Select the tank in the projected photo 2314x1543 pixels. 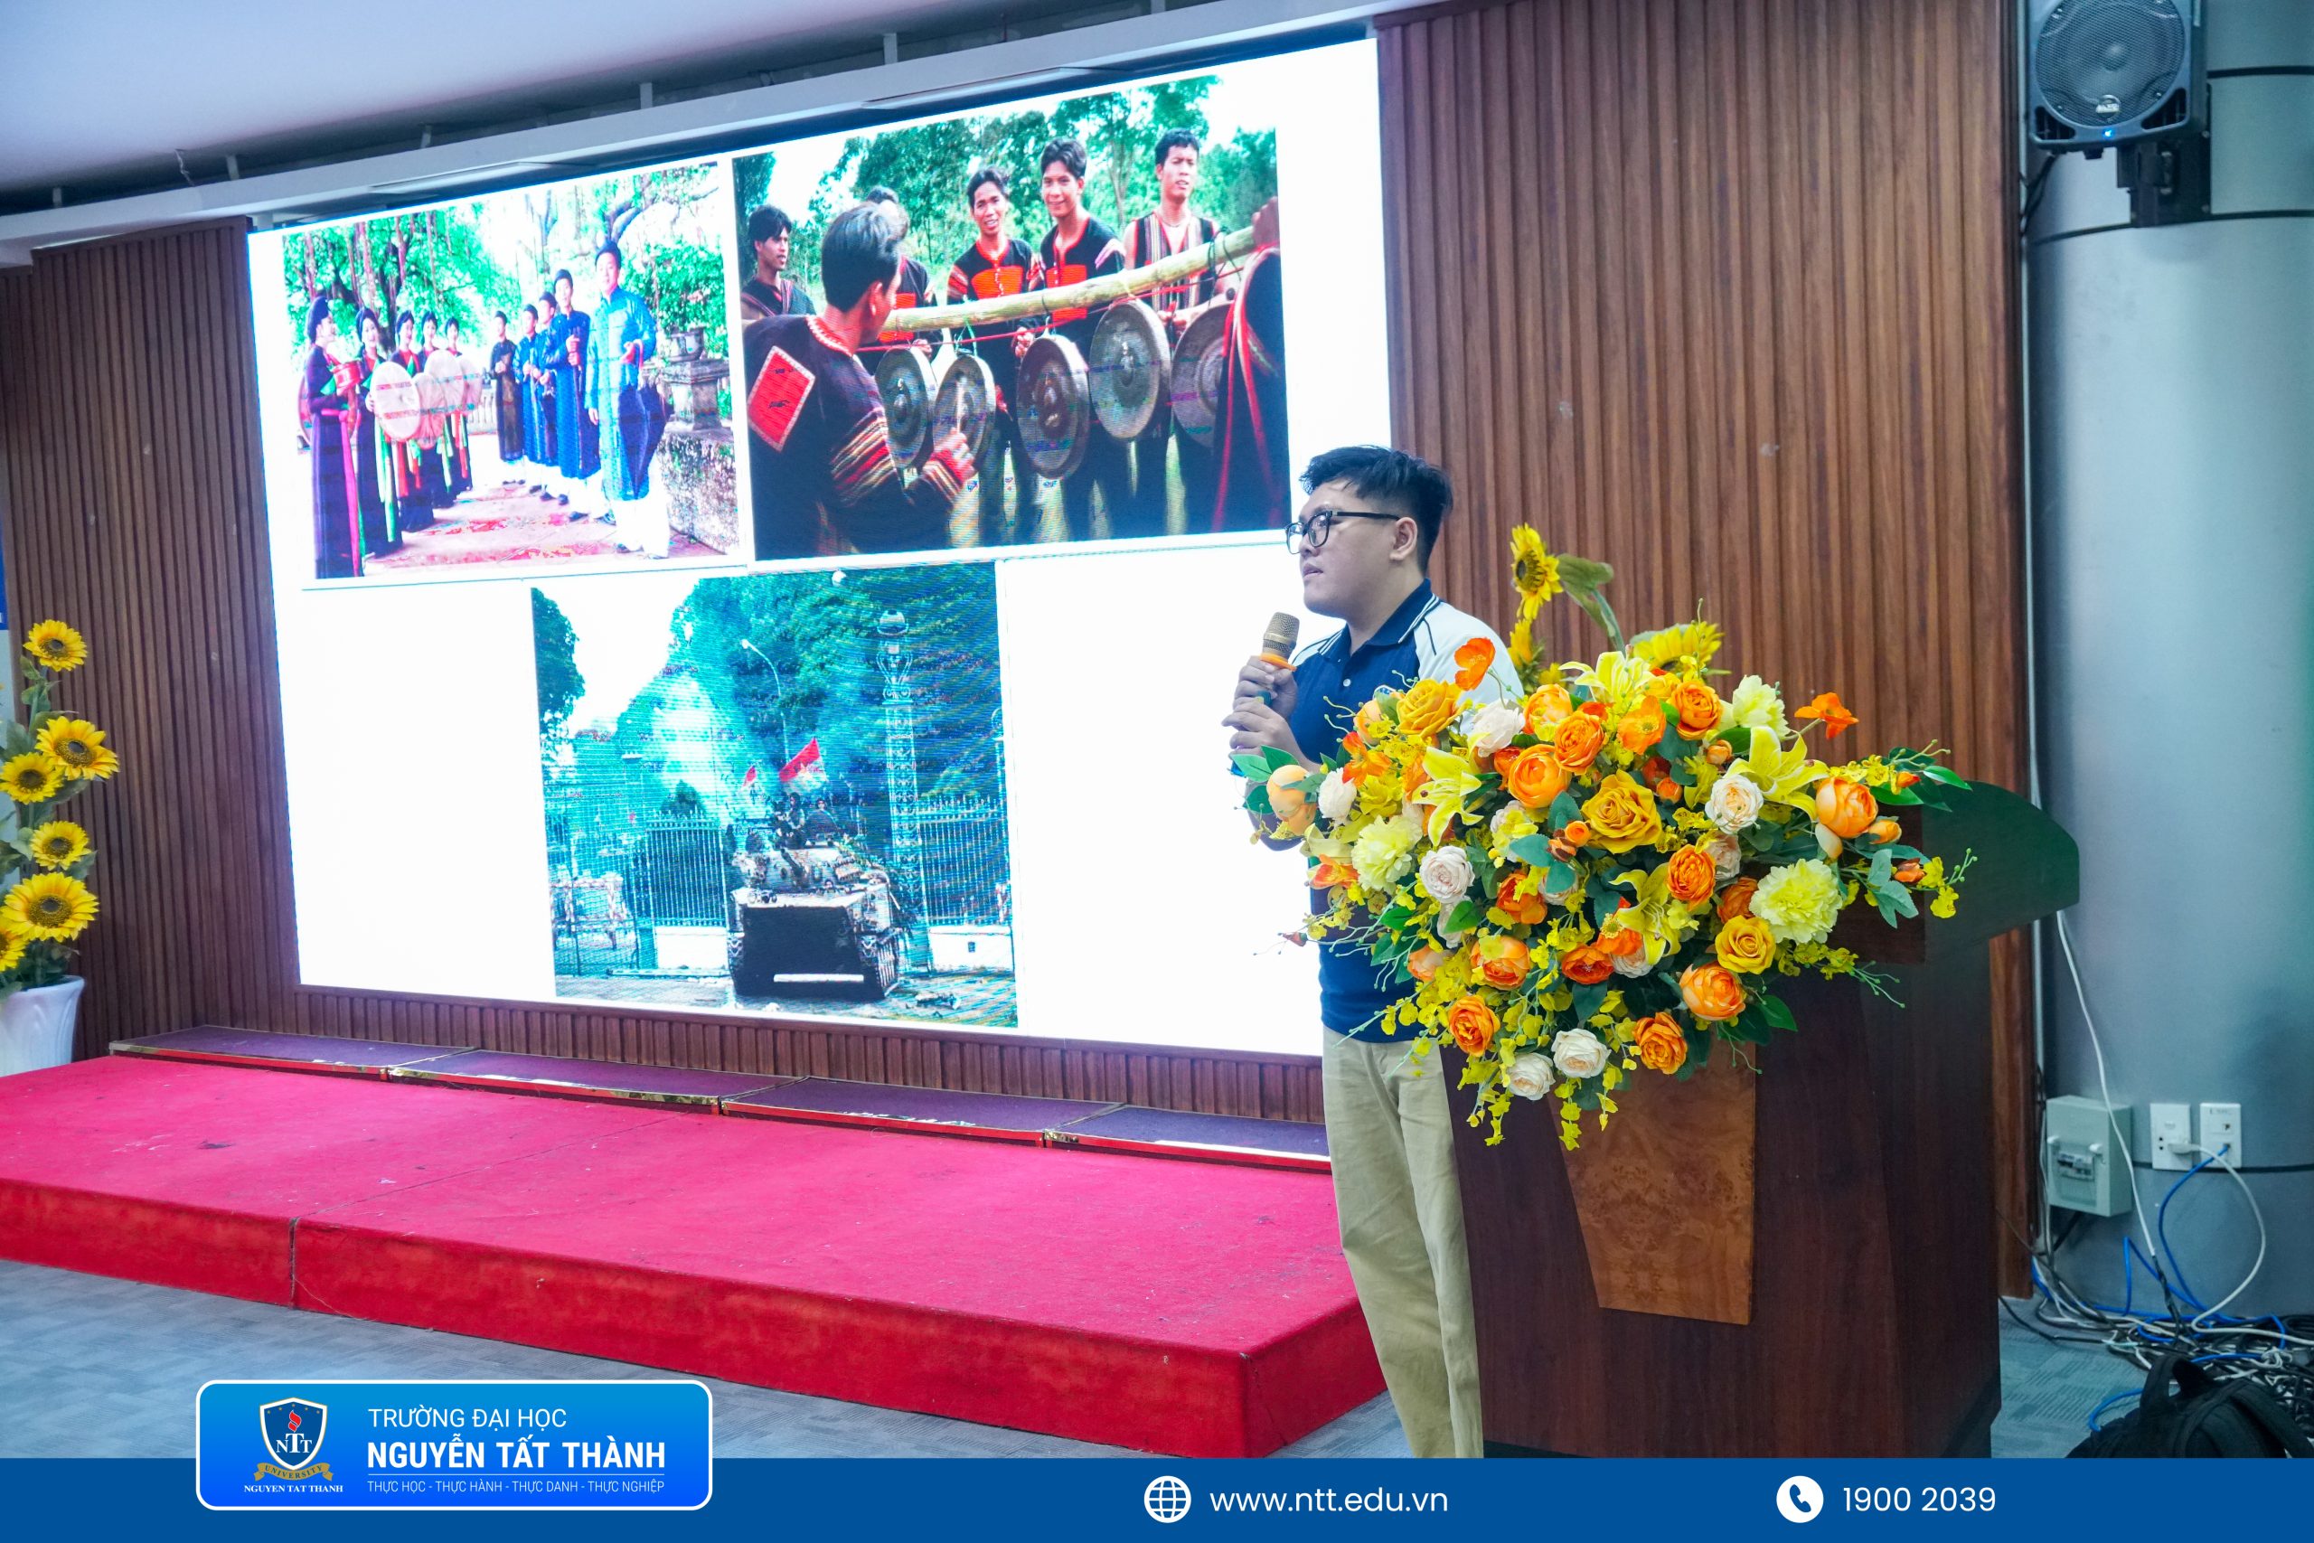[x=814, y=909]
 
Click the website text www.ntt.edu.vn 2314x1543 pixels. [x=1328, y=1500]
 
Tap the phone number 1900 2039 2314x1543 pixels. [x=1918, y=1500]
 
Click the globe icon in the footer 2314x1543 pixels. [x=1167, y=1500]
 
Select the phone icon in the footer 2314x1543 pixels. [x=1800, y=1500]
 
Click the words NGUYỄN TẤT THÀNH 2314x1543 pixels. [x=515, y=1454]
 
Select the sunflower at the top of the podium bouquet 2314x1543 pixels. [x=1536, y=570]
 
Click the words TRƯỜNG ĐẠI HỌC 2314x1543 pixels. [x=467, y=1418]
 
